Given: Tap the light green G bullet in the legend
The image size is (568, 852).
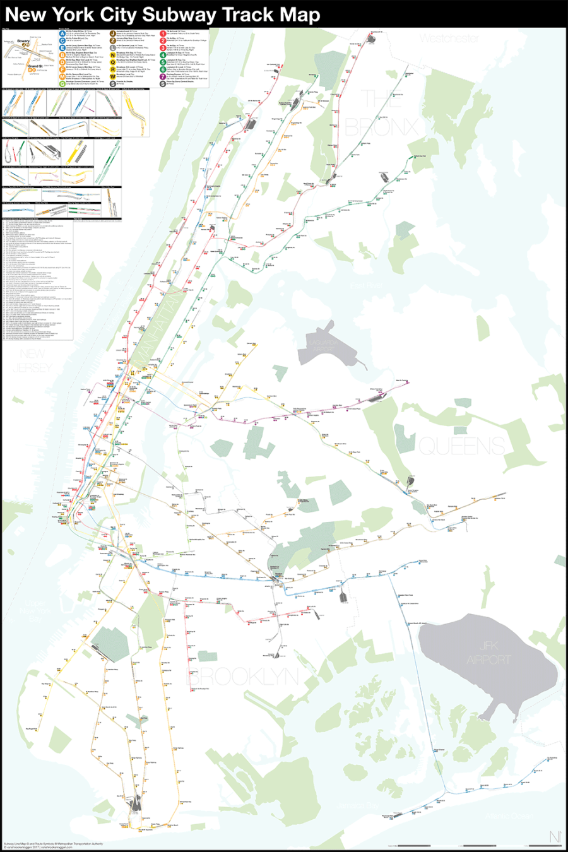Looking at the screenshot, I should [62, 83].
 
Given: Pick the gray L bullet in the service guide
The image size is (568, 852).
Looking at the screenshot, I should [112, 47].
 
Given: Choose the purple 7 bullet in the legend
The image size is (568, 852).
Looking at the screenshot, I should [163, 76].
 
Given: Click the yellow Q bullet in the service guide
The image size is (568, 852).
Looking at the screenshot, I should [112, 62].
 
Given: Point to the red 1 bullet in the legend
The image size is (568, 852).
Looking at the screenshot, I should [163, 33].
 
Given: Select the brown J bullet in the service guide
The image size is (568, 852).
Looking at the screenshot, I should [112, 33].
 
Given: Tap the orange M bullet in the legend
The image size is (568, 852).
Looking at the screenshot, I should [62, 76].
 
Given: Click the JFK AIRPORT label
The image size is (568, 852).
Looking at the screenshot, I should [488, 653].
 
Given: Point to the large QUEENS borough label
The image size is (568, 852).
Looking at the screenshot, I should [461, 446].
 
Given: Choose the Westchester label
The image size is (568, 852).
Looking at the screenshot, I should [449, 38].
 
